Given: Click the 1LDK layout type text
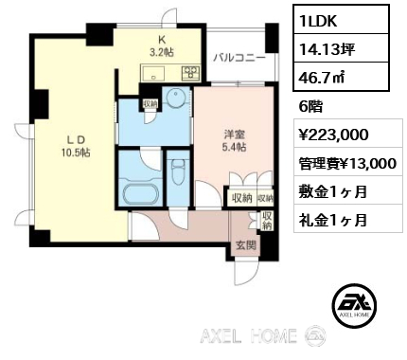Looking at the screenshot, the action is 318,20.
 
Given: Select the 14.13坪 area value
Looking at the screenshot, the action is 327,49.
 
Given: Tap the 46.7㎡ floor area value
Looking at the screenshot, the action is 322,77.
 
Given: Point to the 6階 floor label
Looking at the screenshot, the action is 310,107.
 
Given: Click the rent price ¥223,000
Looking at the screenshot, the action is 333,135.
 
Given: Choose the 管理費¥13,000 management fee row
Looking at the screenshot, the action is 347,164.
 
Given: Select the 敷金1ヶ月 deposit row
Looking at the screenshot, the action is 333,191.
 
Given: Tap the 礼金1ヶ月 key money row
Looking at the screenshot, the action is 333,220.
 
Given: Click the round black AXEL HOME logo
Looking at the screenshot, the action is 356,305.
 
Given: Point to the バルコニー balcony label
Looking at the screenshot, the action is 239,58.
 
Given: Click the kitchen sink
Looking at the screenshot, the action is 153,74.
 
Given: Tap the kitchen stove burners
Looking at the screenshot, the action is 190,73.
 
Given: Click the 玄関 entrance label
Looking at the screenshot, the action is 246,245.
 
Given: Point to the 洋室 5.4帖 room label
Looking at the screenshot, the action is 235,140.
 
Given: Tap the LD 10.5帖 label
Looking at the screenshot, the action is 76,146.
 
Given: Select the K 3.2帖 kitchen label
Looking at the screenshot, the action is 161,45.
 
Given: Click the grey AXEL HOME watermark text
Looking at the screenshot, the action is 248,335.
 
